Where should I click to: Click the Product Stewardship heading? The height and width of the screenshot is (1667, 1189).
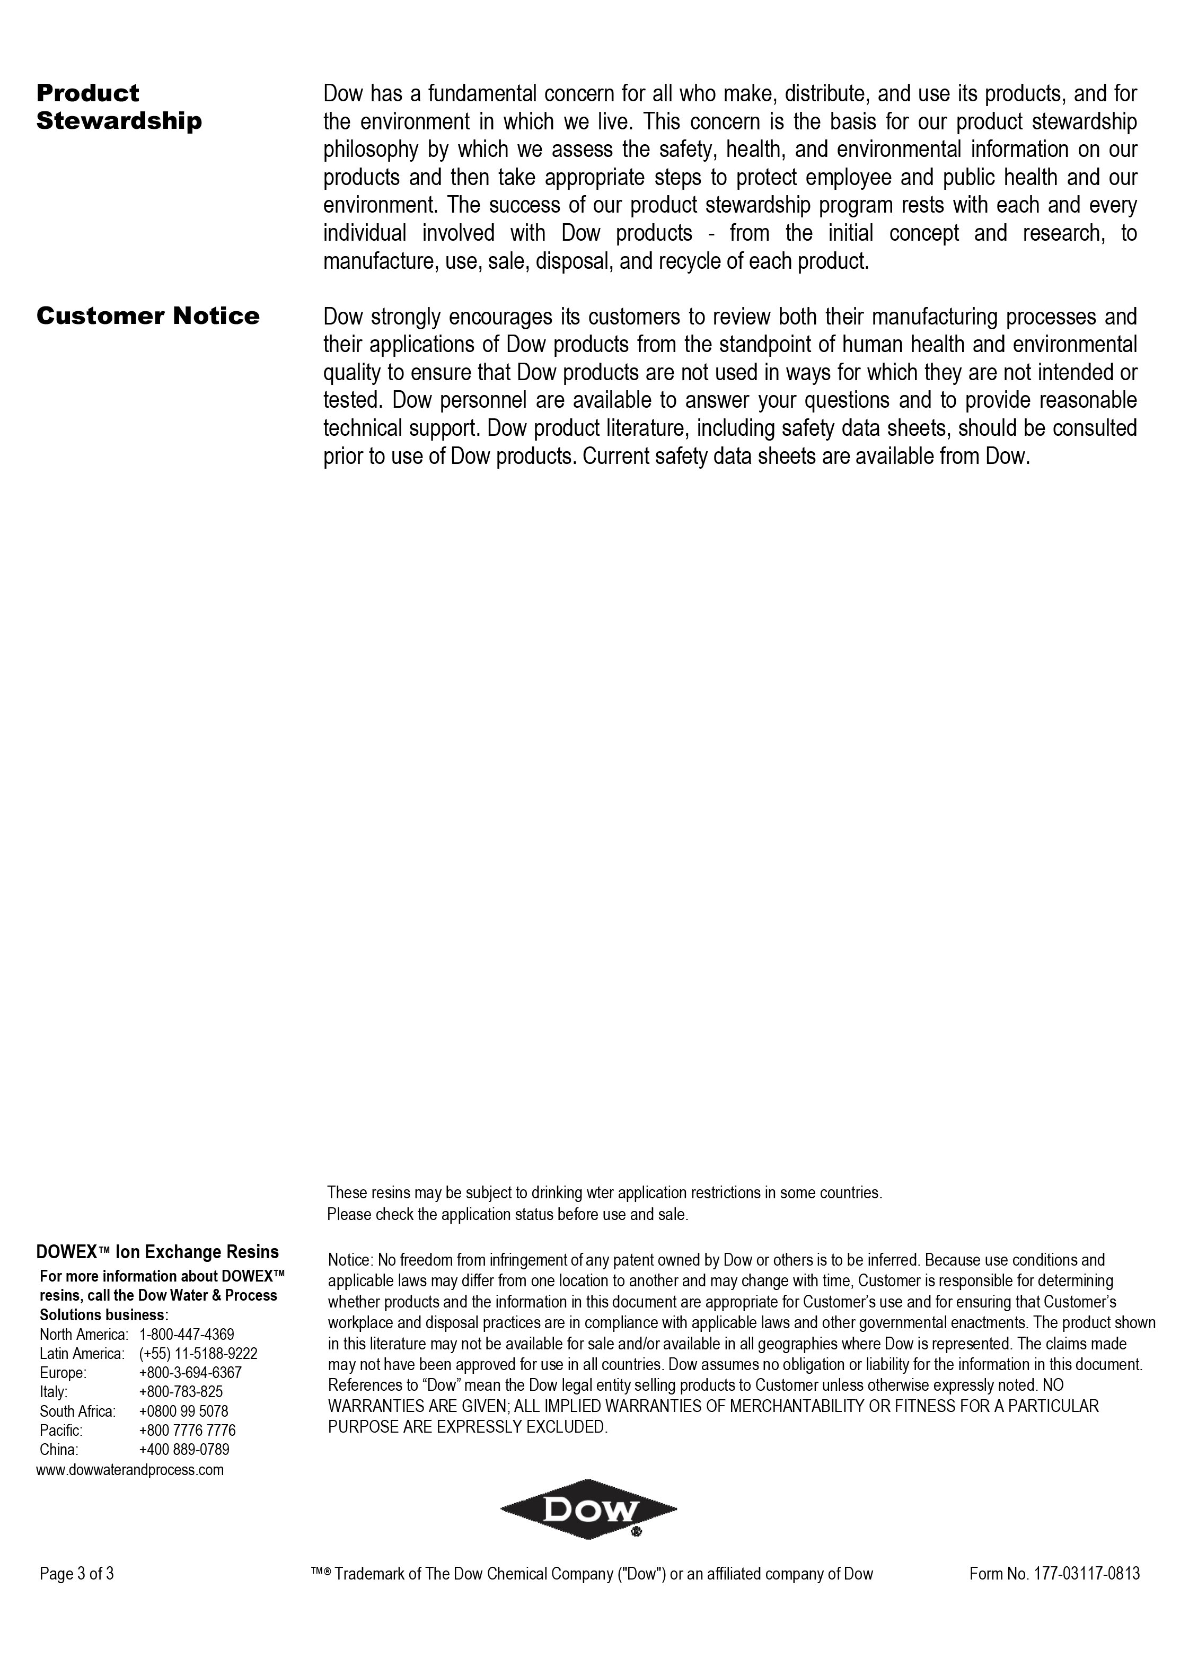click(119, 107)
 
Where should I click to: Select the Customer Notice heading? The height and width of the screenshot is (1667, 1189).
click(148, 316)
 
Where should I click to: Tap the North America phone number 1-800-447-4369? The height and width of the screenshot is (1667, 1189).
click(186, 1335)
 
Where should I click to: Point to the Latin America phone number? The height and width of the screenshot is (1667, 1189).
click(198, 1354)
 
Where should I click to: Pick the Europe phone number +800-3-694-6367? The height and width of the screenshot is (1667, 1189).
click(190, 1373)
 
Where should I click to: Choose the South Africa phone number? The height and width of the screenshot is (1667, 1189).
click(183, 1411)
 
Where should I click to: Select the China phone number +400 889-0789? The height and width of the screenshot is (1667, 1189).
click(184, 1450)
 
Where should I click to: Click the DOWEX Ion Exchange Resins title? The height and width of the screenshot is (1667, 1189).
click(157, 1252)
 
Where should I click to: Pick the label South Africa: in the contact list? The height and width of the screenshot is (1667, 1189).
click(77, 1411)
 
